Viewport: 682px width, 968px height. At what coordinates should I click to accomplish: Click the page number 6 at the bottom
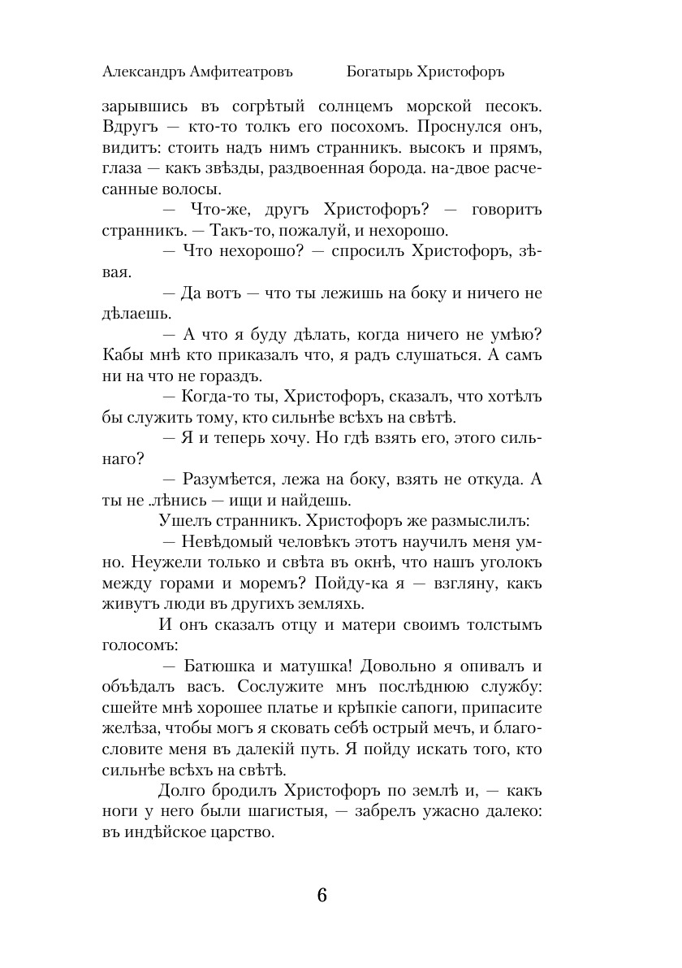[x=322, y=895]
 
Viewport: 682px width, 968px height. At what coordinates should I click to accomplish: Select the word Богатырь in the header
[x=379, y=72]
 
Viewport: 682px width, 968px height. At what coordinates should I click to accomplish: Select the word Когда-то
[x=214, y=397]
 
